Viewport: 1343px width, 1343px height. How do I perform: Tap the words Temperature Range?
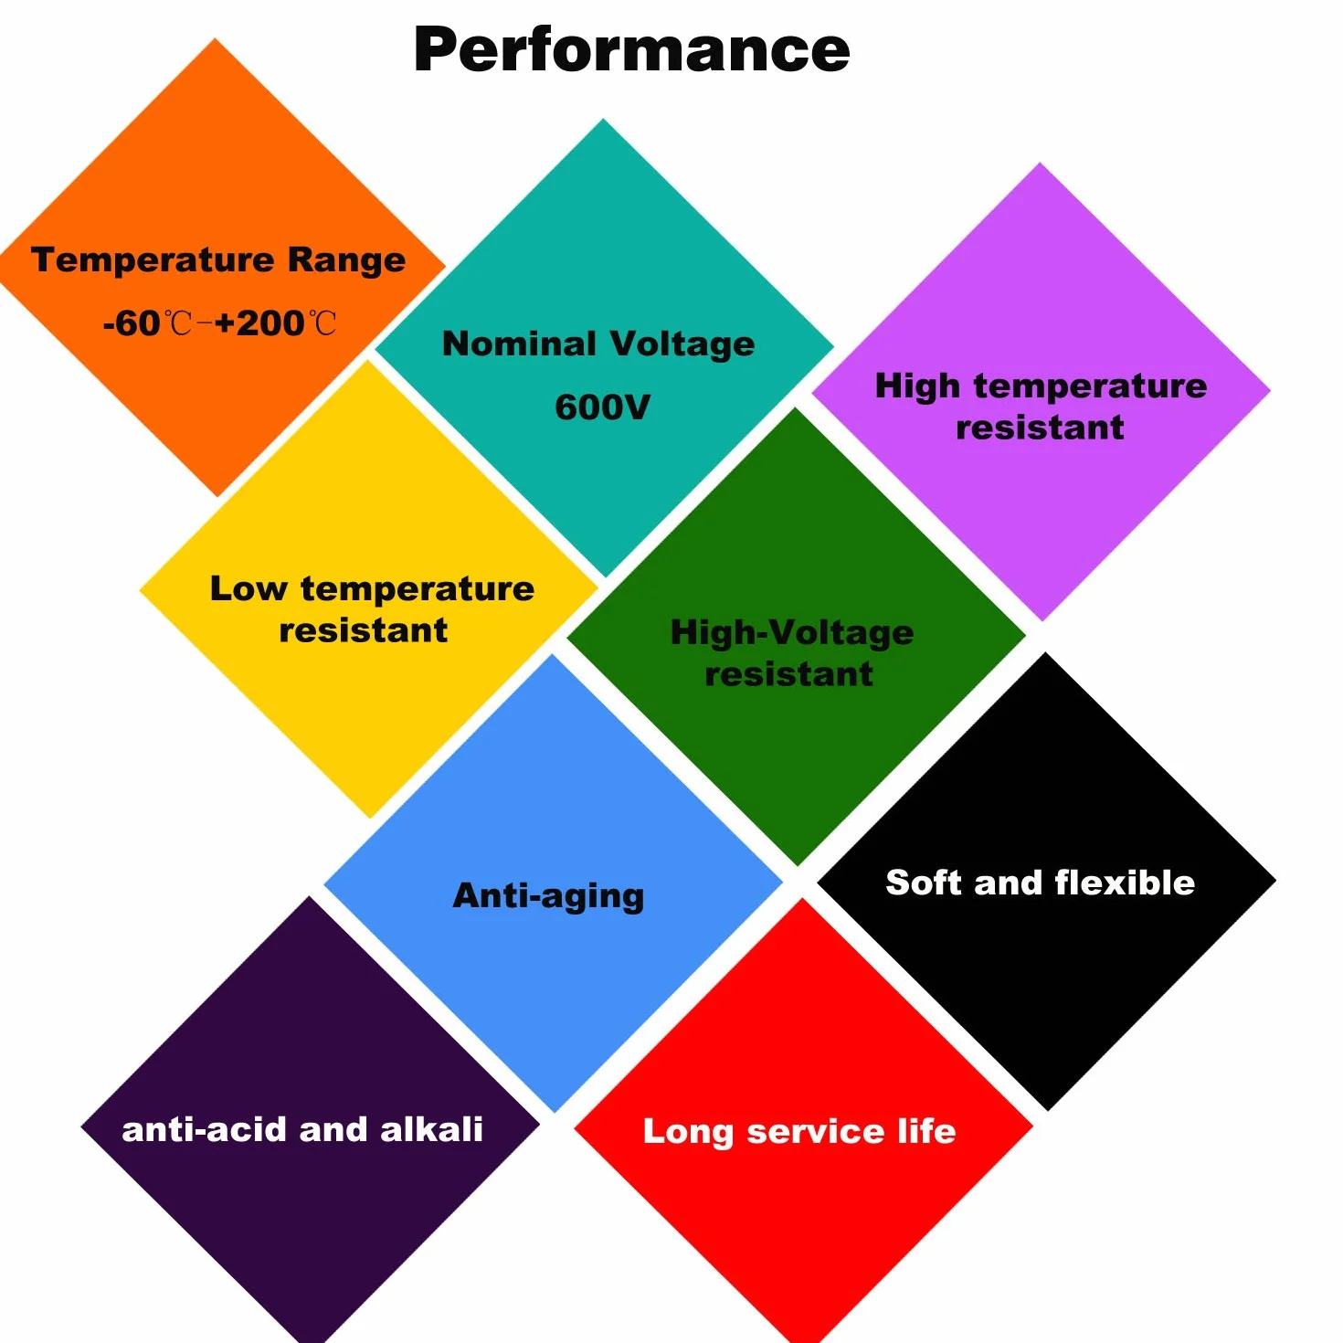(x=218, y=260)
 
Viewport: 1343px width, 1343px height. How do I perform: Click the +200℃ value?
(x=275, y=323)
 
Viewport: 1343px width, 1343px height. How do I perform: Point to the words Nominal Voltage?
(x=598, y=344)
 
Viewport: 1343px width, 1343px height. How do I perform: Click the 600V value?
(x=603, y=407)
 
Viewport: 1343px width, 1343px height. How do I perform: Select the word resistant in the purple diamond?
(x=1040, y=428)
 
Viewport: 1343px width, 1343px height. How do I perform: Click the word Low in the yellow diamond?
(x=249, y=588)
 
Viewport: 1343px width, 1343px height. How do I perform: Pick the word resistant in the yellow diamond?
(x=363, y=630)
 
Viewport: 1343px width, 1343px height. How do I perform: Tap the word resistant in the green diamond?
(x=789, y=674)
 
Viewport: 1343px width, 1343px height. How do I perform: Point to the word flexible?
(x=1125, y=883)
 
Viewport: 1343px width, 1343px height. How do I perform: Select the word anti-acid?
(x=205, y=1130)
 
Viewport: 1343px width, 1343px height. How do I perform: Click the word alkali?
(x=431, y=1130)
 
